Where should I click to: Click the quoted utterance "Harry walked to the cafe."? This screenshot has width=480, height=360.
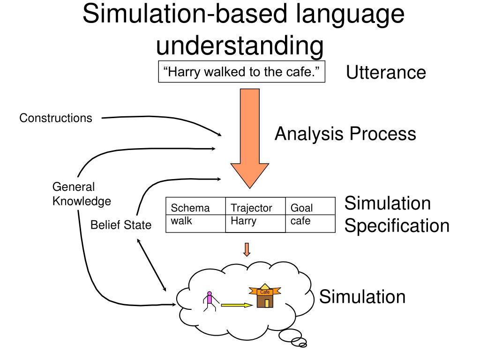pyautogui.click(x=241, y=73)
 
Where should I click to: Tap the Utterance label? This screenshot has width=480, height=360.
pyautogui.click(x=386, y=73)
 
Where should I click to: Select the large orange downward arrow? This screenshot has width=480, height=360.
pyautogui.click(x=249, y=141)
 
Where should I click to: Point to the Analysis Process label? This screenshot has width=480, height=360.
pyautogui.click(x=345, y=134)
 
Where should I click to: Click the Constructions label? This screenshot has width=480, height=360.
pyautogui.click(x=56, y=118)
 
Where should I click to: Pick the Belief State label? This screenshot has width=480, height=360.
pyautogui.click(x=121, y=225)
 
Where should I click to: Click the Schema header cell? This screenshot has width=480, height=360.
pyautogui.click(x=190, y=208)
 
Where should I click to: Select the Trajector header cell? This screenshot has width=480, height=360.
pyautogui.click(x=251, y=208)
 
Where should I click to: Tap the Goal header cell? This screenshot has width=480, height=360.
pyautogui.click(x=302, y=208)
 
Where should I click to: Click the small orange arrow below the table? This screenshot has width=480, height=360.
pyautogui.click(x=247, y=249)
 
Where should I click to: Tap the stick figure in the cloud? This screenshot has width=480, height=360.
pyautogui.click(x=209, y=301)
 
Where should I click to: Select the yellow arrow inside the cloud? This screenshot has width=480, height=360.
pyautogui.click(x=236, y=305)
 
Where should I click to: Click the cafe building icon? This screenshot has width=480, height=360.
pyautogui.click(x=266, y=296)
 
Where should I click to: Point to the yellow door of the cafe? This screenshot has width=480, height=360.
pyautogui.click(x=267, y=303)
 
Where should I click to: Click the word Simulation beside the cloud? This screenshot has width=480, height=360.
pyautogui.click(x=362, y=297)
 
